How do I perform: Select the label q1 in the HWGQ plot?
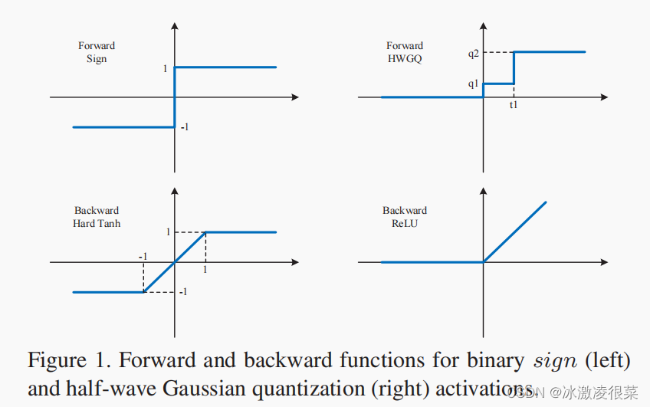473,84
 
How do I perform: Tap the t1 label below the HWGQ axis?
514,105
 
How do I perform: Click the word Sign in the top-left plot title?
96,58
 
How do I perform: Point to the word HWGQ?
405,58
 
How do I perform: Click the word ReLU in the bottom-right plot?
405,223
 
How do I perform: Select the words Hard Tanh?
97,223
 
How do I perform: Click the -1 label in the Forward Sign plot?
185,127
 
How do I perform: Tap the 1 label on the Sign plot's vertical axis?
165,69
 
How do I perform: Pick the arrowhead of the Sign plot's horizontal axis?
294,97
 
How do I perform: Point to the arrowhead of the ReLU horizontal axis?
604,262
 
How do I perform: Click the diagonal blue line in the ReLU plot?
515,231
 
